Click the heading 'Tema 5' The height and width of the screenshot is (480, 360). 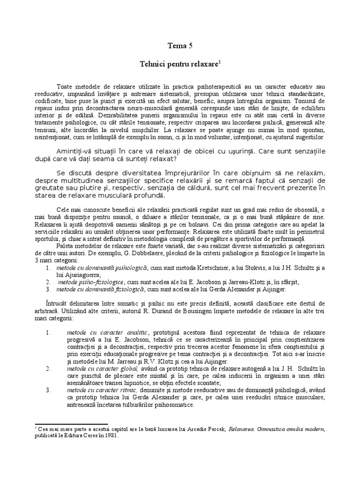pyautogui.click(x=180, y=45)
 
